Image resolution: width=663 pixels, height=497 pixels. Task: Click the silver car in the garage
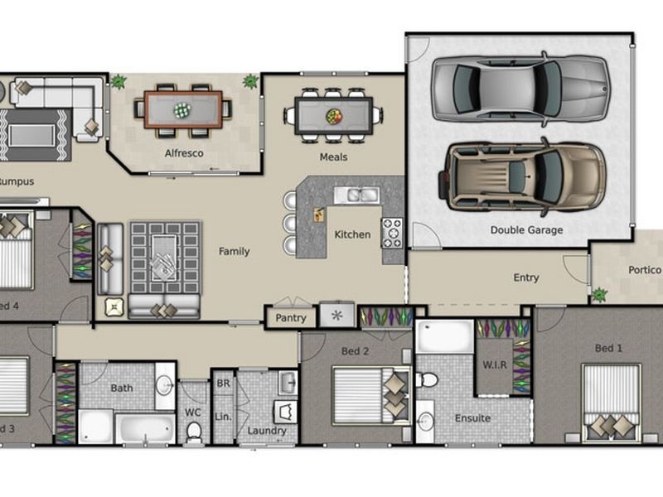coord(520,89)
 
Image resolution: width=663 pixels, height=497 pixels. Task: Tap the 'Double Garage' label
coord(526,230)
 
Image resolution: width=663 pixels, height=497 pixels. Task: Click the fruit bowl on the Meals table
coord(334,116)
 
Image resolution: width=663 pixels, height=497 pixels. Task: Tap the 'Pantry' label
coord(290,318)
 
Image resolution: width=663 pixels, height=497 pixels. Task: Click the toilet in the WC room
coord(194,431)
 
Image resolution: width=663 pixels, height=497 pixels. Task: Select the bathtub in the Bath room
coord(144,427)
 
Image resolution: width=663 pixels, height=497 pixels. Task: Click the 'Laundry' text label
coord(267,431)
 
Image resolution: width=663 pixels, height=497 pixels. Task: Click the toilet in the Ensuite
coord(428,380)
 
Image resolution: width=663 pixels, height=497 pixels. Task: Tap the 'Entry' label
coord(526,278)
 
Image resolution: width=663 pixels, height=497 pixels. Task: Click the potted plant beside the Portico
coord(598,294)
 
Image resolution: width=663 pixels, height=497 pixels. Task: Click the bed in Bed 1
coord(610,402)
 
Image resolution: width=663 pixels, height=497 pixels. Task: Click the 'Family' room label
coord(234,252)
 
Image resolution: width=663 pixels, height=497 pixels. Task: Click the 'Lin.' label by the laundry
coord(223,416)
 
